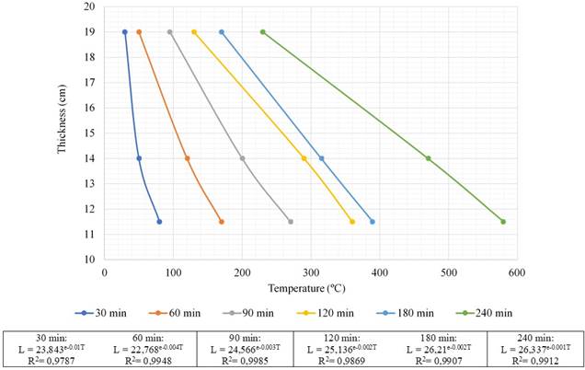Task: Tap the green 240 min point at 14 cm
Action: point(429,158)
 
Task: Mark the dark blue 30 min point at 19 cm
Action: point(125,32)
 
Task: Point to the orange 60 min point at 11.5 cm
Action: point(222,222)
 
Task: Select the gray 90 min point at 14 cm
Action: point(243,158)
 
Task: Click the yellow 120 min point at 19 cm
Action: point(194,32)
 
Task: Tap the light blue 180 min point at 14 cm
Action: point(322,158)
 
